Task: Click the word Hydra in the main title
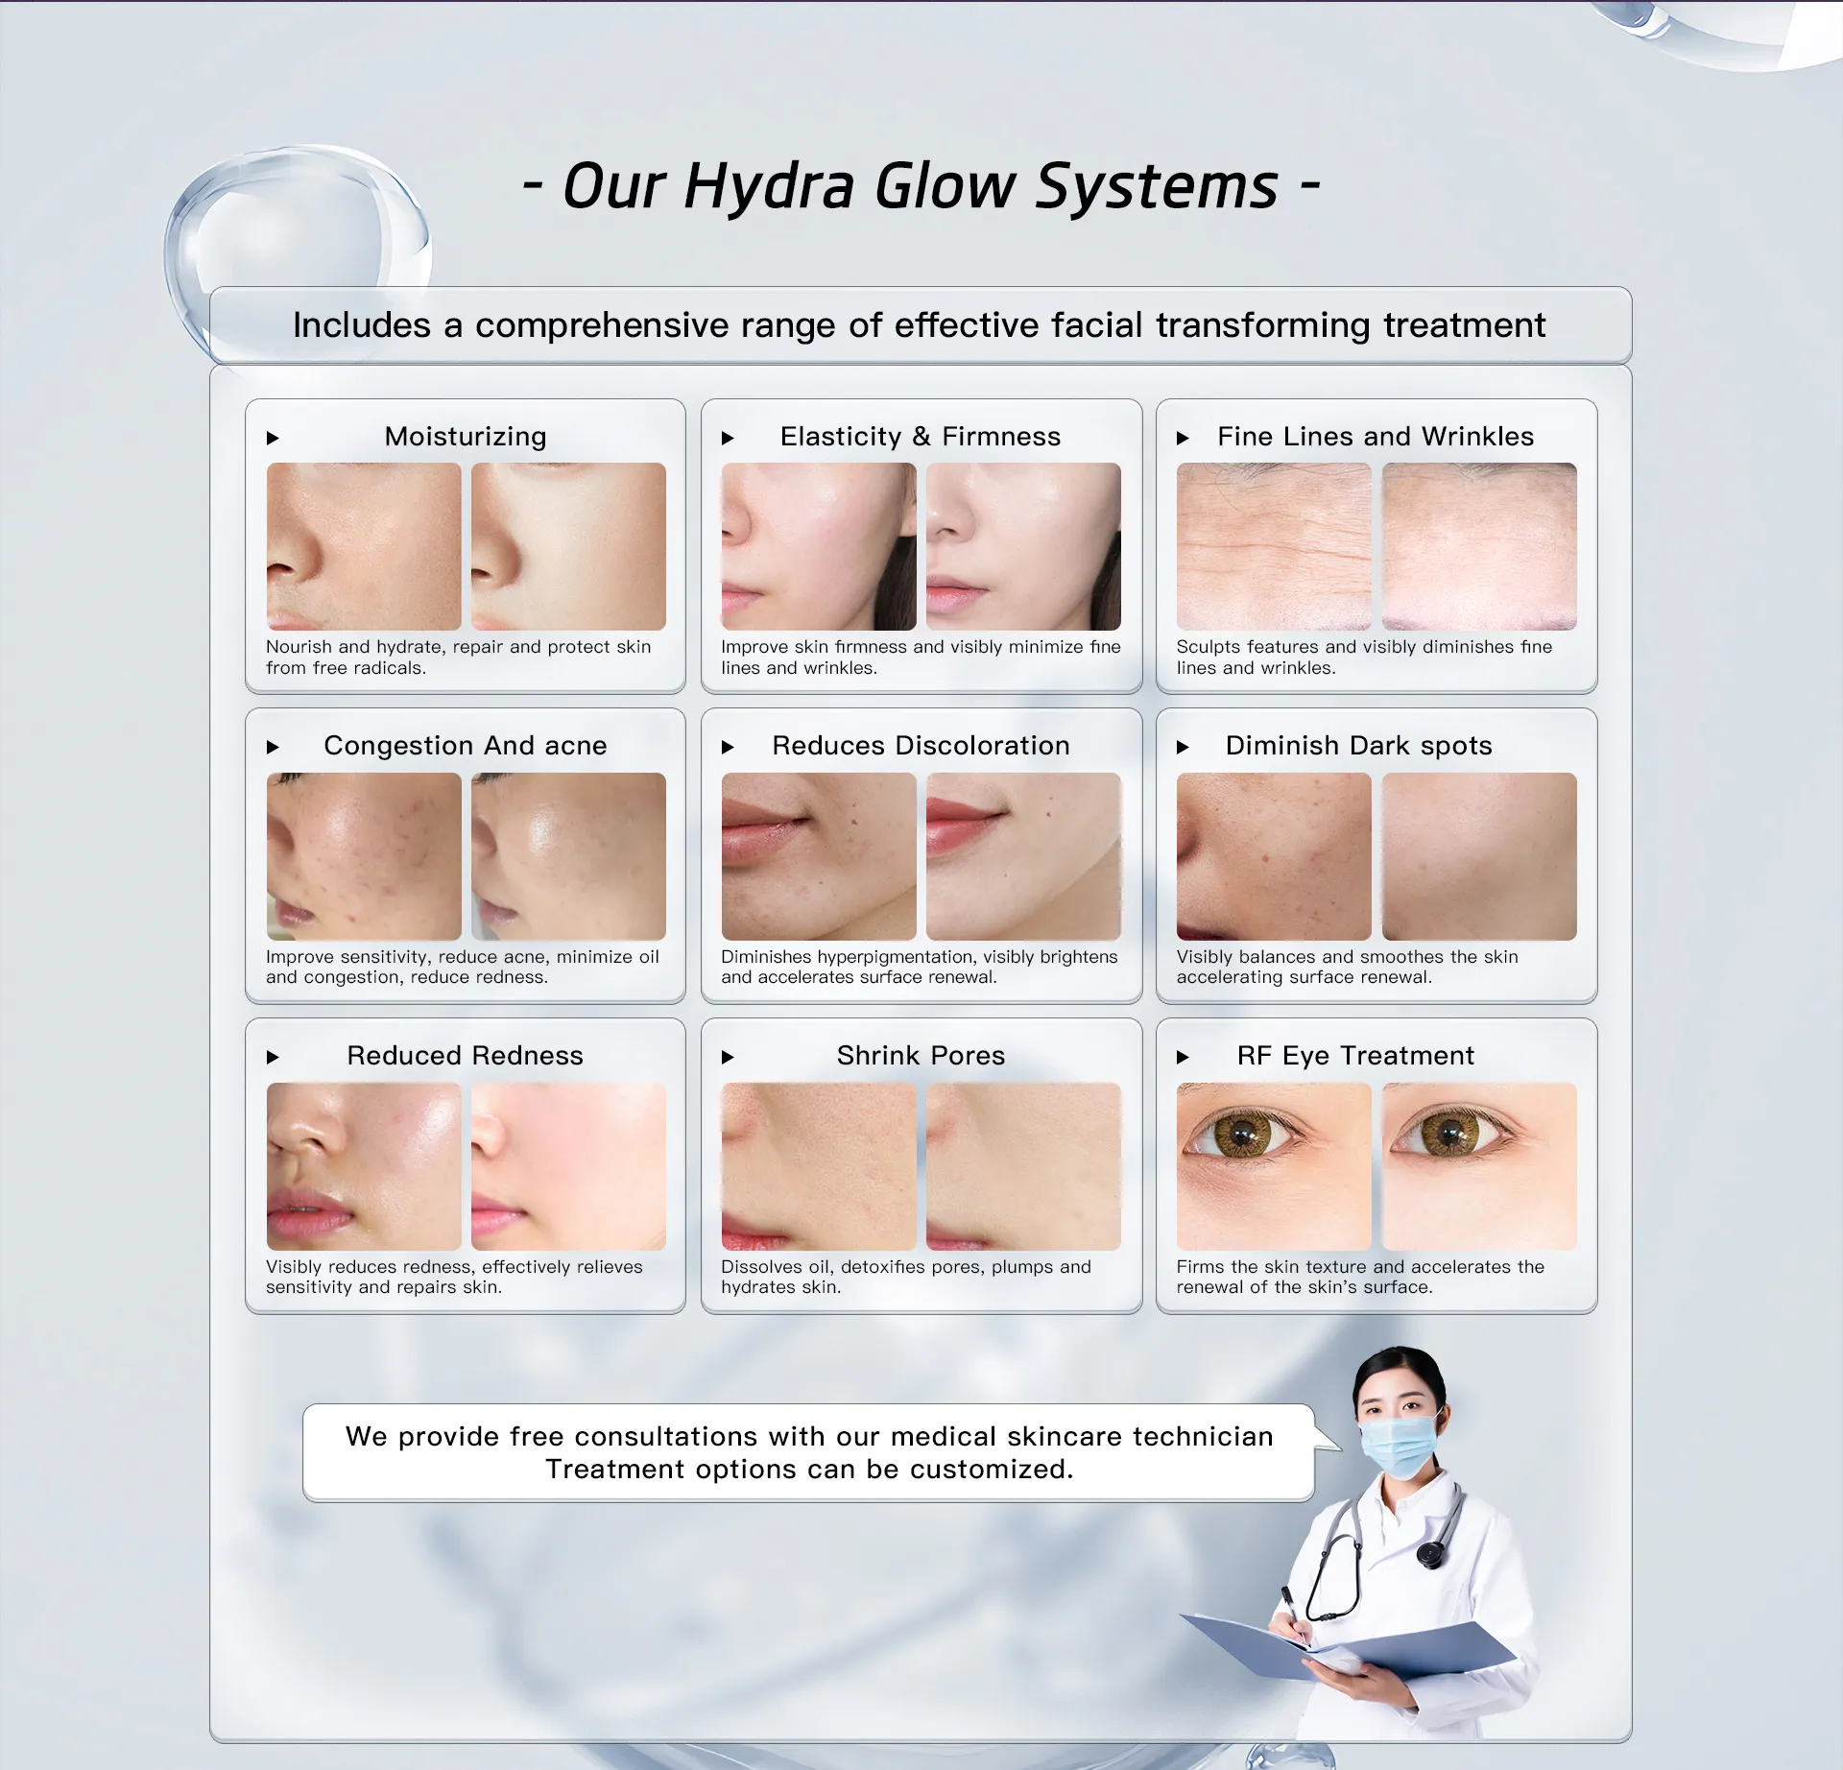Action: pyautogui.click(x=769, y=186)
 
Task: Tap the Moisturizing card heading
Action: pyautogui.click(x=466, y=437)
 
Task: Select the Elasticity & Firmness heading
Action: pyautogui.click(x=921, y=437)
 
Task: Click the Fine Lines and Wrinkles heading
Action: pyautogui.click(x=1376, y=437)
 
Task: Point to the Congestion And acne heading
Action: pyautogui.click(x=466, y=746)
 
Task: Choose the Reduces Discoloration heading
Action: pyautogui.click(x=921, y=746)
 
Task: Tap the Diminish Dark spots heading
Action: pyautogui.click(x=1359, y=746)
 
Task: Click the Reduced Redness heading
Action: pyautogui.click(x=466, y=1056)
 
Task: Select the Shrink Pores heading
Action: pyautogui.click(x=921, y=1056)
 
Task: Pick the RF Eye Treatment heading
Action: pyautogui.click(x=1355, y=1056)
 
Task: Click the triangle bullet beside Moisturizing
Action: pyautogui.click(x=273, y=439)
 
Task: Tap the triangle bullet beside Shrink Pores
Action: pyautogui.click(x=728, y=1058)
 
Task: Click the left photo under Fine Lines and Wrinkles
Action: pyautogui.click(x=1274, y=546)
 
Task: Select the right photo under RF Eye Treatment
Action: pyautogui.click(x=1479, y=1166)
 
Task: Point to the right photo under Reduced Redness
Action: pyautogui.click(x=568, y=1166)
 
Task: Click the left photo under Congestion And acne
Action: pyautogui.click(x=364, y=856)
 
